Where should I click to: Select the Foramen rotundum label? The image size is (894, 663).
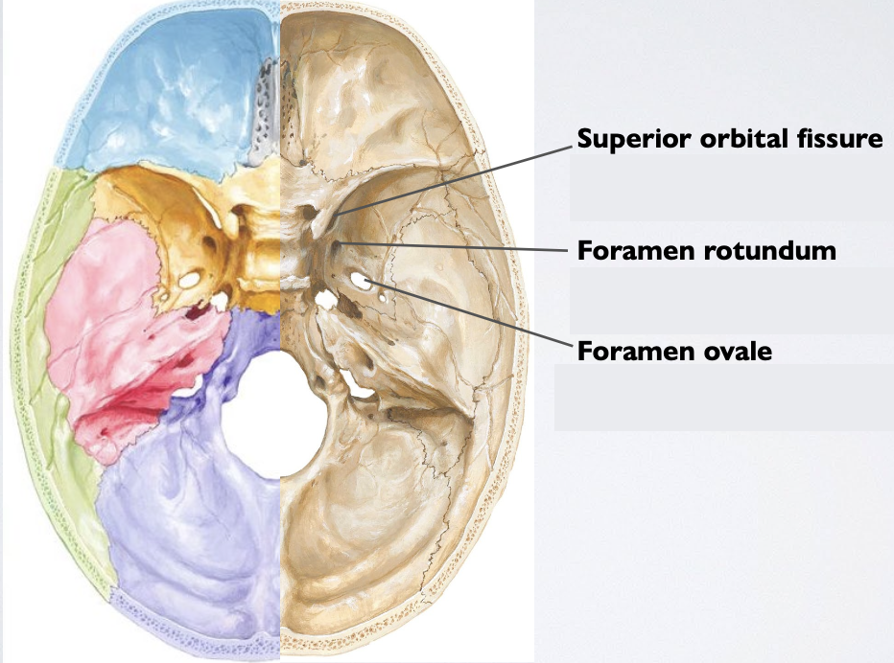pos(706,252)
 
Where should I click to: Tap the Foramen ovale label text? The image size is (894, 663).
pos(674,352)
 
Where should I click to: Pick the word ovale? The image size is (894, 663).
pos(738,352)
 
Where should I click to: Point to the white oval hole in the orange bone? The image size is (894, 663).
pos(190,280)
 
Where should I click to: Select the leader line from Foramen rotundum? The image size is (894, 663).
pos(460,247)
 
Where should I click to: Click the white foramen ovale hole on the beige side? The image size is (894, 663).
pos(362,280)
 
